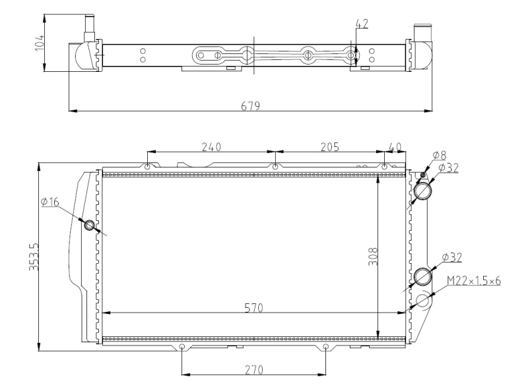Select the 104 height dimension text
40,44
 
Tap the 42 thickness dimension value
362,24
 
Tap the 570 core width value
251,307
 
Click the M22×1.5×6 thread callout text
474,282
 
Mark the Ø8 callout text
440,155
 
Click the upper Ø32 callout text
448,167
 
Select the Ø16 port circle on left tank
90,225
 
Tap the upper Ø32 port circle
422,191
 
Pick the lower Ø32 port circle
422,275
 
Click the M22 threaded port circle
423,301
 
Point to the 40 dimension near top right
395,146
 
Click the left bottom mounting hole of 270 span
182,347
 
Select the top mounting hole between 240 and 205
275,167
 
